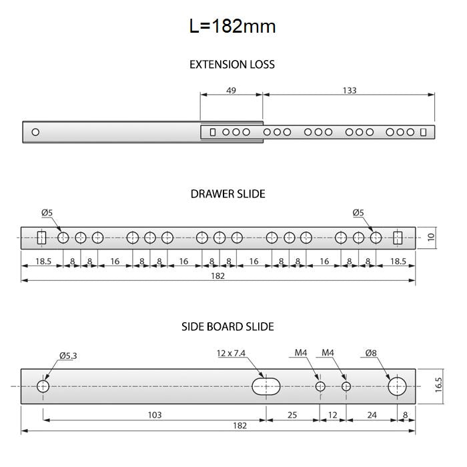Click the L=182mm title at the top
[x=232, y=26]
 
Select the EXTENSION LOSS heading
[x=232, y=64]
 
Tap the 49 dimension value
[x=231, y=90]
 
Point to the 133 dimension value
[x=350, y=90]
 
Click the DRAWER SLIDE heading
[x=228, y=194]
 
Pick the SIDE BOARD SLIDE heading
[x=227, y=327]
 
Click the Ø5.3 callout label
[x=68, y=356]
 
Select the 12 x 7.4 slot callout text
[x=231, y=353]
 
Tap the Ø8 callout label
[x=371, y=353]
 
